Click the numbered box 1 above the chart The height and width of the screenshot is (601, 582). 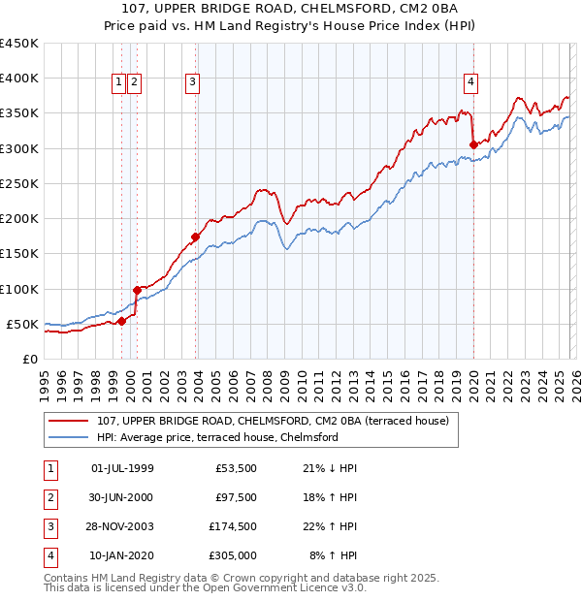pyautogui.click(x=118, y=83)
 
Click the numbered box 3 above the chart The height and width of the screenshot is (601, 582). pyautogui.click(x=193, y=83)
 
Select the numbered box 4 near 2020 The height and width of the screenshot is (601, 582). pyautogui.click(x=469, y=83)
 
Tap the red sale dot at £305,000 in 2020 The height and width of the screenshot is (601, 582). pyautogui.click(x=473, y=144)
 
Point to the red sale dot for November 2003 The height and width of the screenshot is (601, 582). pyautogui.click(x=196, y=236)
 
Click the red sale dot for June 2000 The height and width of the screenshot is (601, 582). pyautogui.click(x=137, y=290)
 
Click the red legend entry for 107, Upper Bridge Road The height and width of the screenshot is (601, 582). pyautogui.click(x=272, y=422)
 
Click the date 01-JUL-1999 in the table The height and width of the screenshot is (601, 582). pyautogui.click(x=121, y=469)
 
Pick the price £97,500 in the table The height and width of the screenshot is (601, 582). pyautogui.click(x=236, y=498)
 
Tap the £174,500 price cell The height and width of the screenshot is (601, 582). pyautogui.click(x=233, y=527)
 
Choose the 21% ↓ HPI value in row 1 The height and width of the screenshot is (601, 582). pyautogui.click(x=329, y=469)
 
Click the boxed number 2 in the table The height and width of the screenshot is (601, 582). pyautogui.click(x=49, y=498)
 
